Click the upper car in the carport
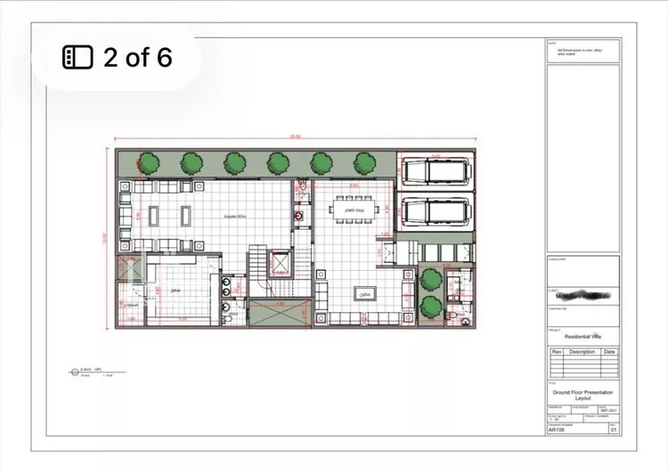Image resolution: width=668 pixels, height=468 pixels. (436, 171)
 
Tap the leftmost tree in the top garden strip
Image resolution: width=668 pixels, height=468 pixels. (149, 162)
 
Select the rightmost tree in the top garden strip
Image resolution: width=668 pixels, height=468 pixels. (364, 162)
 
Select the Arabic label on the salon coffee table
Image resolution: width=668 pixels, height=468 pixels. (363, 293)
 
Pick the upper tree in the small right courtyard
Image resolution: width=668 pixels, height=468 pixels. (431, 277)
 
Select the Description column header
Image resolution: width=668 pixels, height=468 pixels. (582, 351)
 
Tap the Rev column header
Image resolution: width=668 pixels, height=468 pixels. (557, 351)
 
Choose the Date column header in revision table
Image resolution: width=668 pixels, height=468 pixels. (608, 351)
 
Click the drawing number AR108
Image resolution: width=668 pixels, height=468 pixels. (557, 430)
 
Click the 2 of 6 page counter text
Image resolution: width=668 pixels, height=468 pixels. (137, 58)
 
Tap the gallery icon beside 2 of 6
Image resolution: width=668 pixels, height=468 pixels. (77, 58)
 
